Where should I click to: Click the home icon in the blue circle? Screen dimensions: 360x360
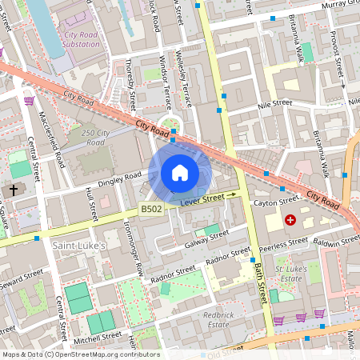pos(180,173)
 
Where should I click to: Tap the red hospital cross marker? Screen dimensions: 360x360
pos(290,218)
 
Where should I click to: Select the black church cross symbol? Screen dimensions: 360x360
pos(14,190)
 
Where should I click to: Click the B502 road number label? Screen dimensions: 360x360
pos(150,209)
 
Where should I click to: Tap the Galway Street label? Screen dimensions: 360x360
pos(206,238)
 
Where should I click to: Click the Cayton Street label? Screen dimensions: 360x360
pos(276,203)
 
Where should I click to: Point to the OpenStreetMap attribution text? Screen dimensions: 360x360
pos(80,354)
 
